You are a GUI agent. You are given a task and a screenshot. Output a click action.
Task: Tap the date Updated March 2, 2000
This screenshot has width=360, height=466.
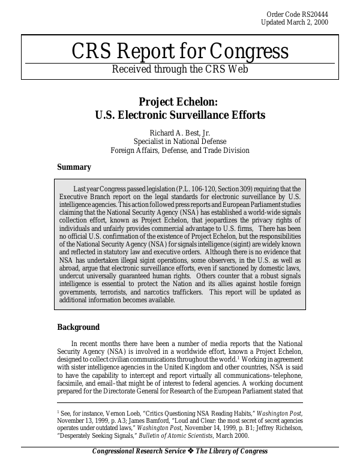pos(295,22)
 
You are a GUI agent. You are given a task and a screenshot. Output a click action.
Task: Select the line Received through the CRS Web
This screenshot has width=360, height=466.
pos(179,69)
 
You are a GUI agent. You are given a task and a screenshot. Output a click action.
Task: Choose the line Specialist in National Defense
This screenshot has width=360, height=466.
pos(180,142)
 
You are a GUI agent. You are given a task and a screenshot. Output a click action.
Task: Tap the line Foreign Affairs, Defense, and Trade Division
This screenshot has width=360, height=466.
pos(180,150)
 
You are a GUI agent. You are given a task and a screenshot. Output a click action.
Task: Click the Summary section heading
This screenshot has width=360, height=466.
pos(74,167)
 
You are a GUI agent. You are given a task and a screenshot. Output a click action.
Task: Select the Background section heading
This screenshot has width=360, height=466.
pos(78,327)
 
